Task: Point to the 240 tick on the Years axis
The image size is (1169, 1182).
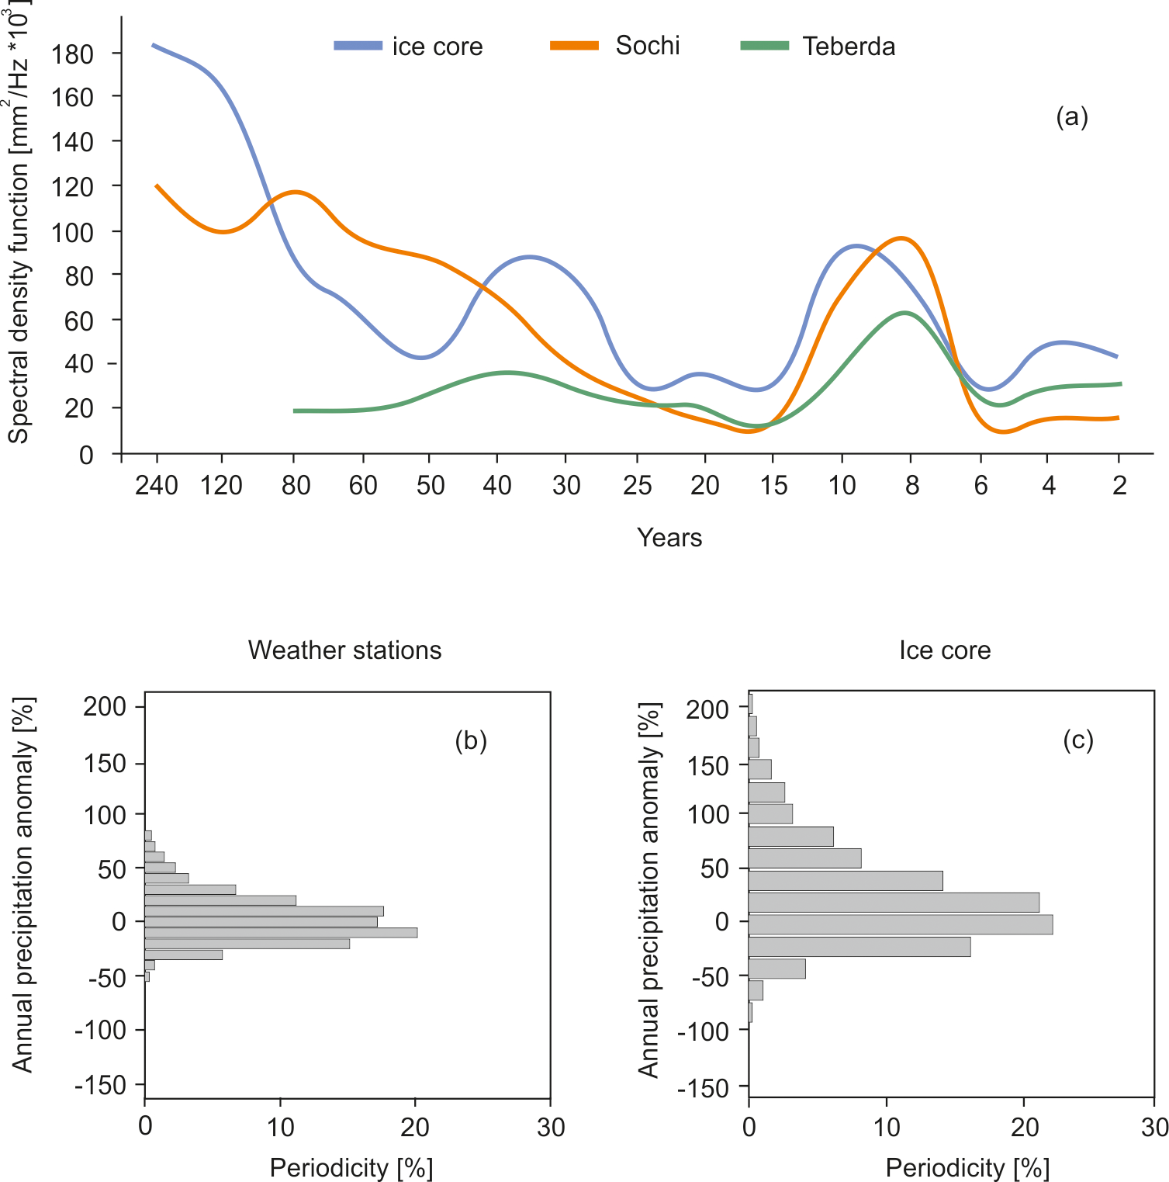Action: pyautogui.click(x=157, y=486)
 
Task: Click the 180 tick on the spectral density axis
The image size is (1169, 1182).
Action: pyautogui.click(x=73, y=54)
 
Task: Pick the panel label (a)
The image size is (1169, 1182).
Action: pyautogui.click(x=1072, y=117)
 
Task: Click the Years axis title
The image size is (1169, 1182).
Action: pyautogui.click(x=669, y=538)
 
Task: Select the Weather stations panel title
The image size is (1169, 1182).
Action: pyautogui.click(x=344, y=650)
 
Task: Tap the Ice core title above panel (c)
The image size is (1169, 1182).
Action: pyautogui.click(x=945, y=650)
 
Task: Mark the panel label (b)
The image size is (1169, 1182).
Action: pyautogui.click(x=471, y=741)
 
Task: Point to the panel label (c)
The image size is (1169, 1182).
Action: pyautogui.click(x=1078, y=740)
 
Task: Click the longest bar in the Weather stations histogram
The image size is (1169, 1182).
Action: pyautogui.click(x=281, y=932)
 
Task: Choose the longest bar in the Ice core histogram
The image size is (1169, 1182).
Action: pyautogui.click(x=900, y=924)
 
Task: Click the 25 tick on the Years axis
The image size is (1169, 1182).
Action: pyautogui.click(x=637, y=486)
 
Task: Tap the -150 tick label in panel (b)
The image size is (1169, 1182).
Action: pyautogui.click(x=100, y=1085)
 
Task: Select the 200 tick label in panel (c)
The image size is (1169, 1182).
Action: pyautogui.click(x=707, y=709)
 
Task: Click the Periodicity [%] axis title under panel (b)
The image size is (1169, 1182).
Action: pyautogui.click(x=351, y=1168)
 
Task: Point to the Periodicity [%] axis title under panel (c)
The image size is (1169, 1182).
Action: pyautogui.click(x=967, y=1168)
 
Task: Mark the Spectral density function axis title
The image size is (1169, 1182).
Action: pyautogui.click(x=19, y=225)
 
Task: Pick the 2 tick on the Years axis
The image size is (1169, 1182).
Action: pyautogui.click(x=1119, y=486)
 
